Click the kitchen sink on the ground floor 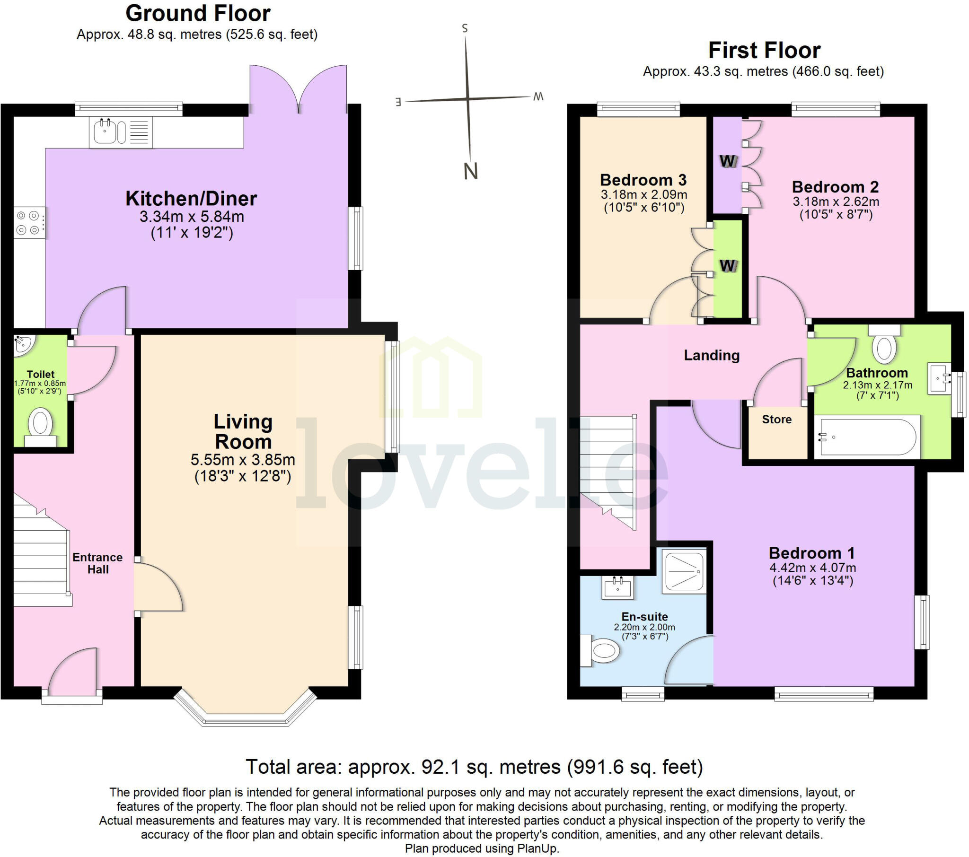coord(105,132)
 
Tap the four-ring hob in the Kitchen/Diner coord(28,223)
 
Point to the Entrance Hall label coord(97,563)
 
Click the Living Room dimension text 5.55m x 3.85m coord(243,459)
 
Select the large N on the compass coord(470,171)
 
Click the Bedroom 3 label coord(643,180)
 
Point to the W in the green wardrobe coord(727,265)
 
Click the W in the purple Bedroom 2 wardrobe coord(727,162)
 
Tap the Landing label coord(711,355)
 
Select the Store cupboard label coord(776,419)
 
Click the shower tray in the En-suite coord(685,571)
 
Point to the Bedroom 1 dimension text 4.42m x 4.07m coord(812,568)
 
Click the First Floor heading coord(764,50)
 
